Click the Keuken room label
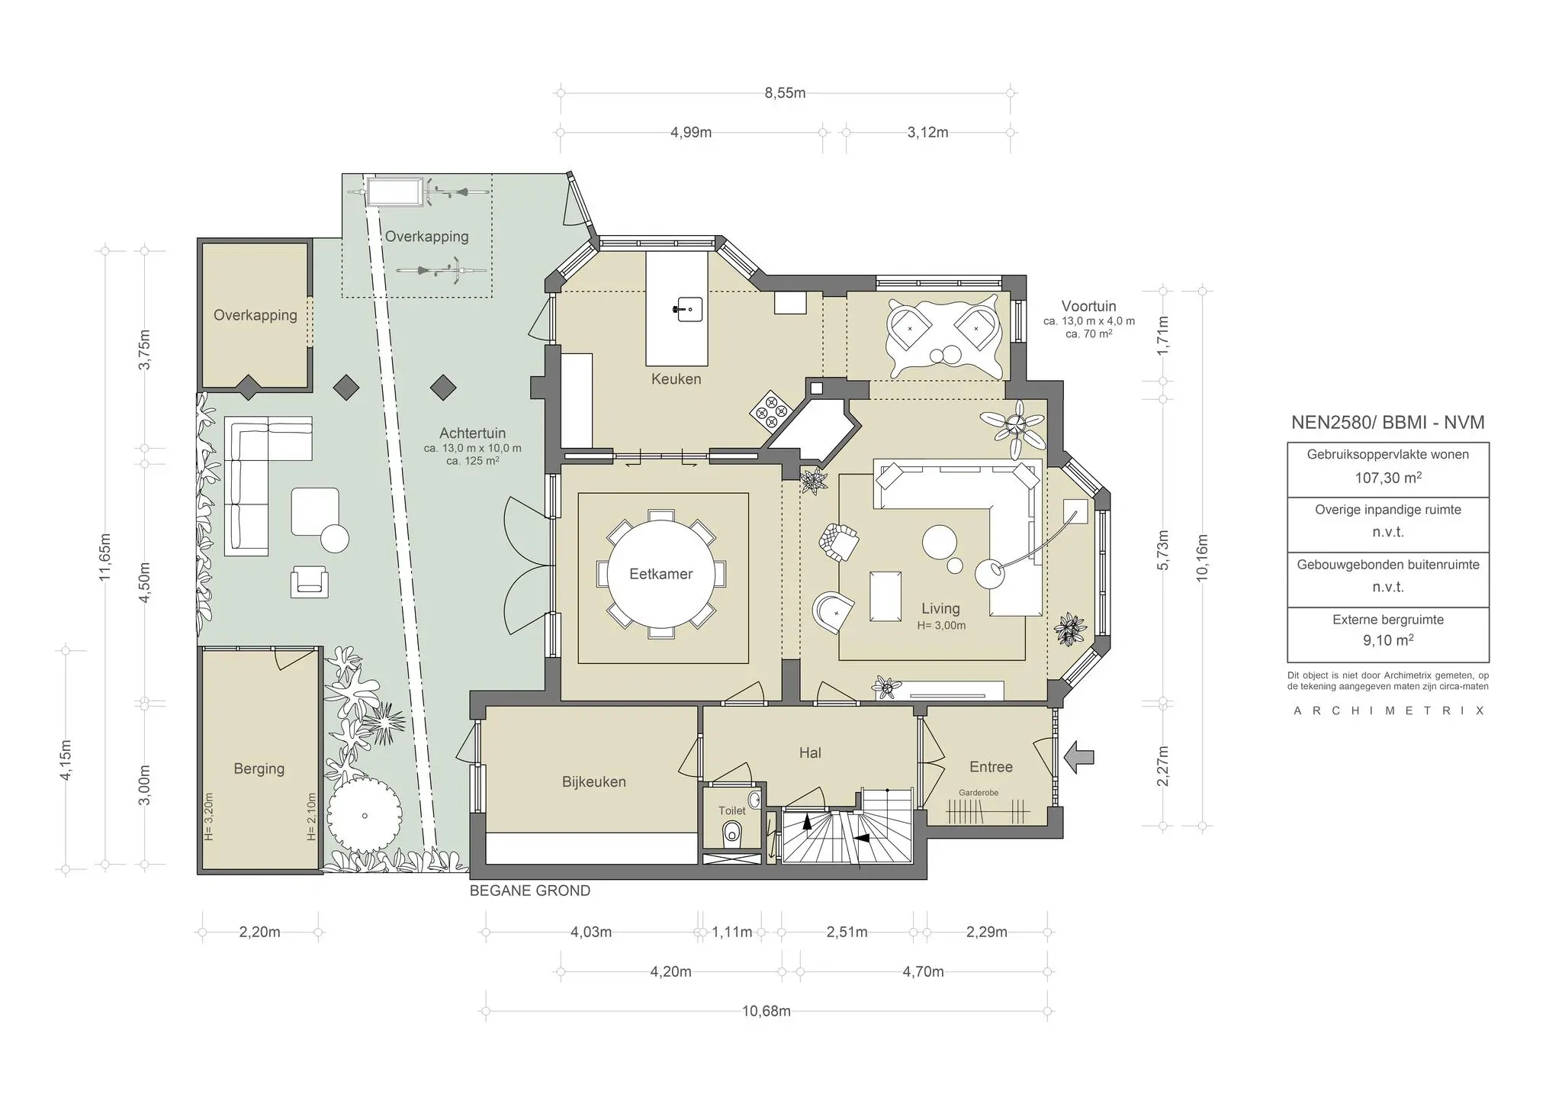point(676,379)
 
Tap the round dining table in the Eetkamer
point(660,575)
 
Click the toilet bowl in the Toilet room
point(732,833)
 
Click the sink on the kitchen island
point(687,309)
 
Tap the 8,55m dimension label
point(785,93)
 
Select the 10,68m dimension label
point(766,1011)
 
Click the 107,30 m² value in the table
point(1387,478)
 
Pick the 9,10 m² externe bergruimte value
point(1387,641)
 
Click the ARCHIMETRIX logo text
point(1388,710)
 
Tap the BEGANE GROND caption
point(529,891)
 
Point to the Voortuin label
point(1088,307)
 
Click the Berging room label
point(259,769)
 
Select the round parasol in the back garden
point(365,814)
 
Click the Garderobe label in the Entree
point(978,793)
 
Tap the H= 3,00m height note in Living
point(940,626)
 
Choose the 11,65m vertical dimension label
point(105,557)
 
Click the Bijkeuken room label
point(593,782)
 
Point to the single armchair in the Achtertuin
point(309,581)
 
